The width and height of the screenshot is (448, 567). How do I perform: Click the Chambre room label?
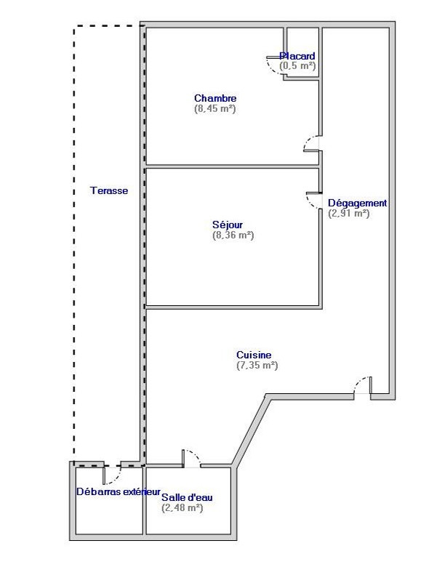[x=215, y=98]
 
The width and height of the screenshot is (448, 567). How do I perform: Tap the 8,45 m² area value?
[x=215, y=108]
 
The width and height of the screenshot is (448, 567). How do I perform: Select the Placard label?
[x=297, y=56]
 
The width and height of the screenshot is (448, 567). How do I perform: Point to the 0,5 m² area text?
[x=297, y=66]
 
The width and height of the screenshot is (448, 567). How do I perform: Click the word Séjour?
[x=228, y=225]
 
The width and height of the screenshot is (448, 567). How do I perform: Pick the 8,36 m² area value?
[x=233, y=235]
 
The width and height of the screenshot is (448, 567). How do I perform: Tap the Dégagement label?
[x=358, y=204]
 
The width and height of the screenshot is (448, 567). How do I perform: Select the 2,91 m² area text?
[x=349, y=213]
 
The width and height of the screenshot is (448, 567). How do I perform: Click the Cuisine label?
[x=254, y=355]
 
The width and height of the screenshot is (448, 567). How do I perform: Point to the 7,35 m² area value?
[x=257, y=365]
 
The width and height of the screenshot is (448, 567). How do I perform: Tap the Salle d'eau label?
[x=187, y=497]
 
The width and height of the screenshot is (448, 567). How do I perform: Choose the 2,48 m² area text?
[x=183, y=507]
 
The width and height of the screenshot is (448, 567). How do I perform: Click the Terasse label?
[x=109, y=190]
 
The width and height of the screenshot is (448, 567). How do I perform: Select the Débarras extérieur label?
[x=119, y=492]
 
